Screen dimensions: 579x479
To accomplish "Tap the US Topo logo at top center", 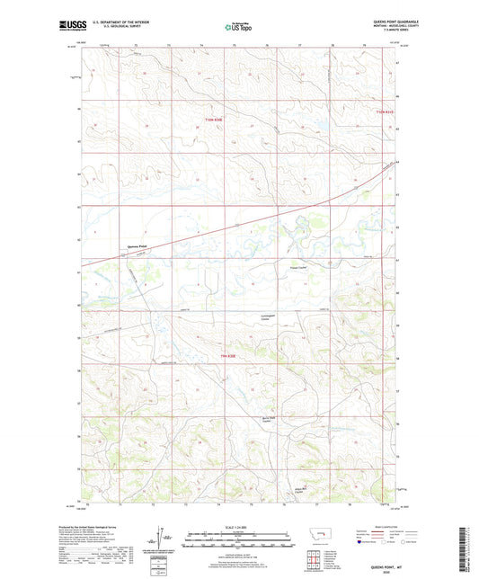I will pos(239,27).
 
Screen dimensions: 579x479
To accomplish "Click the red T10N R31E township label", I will pos(384,111).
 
